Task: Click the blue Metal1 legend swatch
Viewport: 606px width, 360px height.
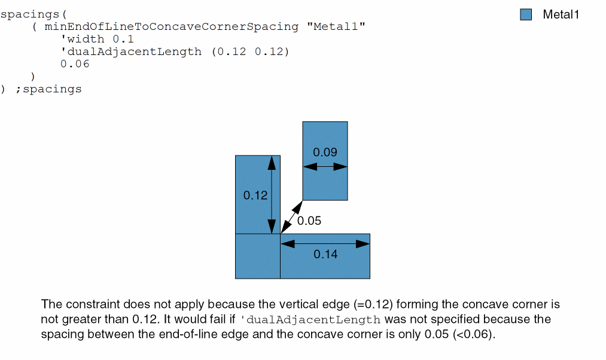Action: click(x=526, y=15)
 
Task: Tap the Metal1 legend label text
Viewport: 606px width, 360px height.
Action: click(x=561, y=15)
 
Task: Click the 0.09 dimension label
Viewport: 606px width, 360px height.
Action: click(x=325, y=152)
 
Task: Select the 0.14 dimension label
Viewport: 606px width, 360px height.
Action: click(x=325, y=254)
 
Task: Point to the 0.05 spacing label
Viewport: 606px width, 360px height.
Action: click(x=309, y=221)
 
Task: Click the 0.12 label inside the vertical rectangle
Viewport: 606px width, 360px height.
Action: click(x=255, y=196)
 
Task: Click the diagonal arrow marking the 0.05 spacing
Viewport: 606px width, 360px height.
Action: click(x=292, y=217)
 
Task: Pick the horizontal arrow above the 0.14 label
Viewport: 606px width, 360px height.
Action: click(x=325, y=244)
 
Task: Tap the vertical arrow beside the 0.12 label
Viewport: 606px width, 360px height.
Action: click(x=272, y=195)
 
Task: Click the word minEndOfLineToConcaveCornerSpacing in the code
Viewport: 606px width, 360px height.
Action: click(x=171, y=27)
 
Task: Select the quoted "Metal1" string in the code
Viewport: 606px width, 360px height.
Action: click(x=336, y=27)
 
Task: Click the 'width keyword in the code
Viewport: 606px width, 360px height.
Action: click(x=83, y=39)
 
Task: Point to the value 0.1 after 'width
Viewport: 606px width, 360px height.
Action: click(x=123, y=39)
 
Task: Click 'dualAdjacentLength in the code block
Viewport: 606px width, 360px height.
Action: click(x=131, y=52)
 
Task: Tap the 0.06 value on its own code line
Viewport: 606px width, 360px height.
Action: click(x=75, y=64)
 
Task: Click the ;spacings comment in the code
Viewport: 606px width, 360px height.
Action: click(x=48, y=89)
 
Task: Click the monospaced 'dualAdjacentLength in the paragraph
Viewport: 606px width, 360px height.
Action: click(x=310, y=320)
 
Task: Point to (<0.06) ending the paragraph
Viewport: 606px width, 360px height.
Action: click(x=473, y=334)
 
